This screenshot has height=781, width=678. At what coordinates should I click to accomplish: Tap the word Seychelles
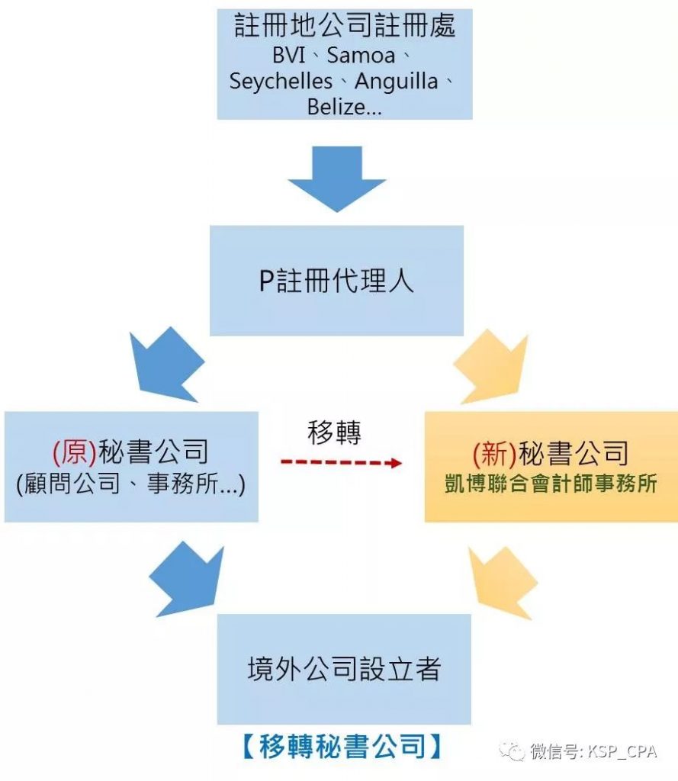[x=281, y=82]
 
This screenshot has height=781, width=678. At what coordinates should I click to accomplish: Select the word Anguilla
[x=397, y=82]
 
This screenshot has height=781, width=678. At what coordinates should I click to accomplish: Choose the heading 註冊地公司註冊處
[x=345, y=28]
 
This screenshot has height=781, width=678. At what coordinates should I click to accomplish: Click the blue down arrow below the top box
[x=336, y=179]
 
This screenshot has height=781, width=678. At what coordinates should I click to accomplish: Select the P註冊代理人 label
[x=336, y=281]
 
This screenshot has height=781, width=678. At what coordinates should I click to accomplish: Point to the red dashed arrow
[x=340, y=463]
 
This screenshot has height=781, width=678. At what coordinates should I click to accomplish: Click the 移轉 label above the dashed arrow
[x=334, y=433]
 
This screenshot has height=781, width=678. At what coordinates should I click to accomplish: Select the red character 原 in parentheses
[x=75, y=453]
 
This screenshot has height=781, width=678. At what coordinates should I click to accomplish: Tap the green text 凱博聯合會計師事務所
[x=551, y=484]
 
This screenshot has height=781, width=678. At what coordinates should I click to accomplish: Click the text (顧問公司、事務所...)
[x=130, y=485]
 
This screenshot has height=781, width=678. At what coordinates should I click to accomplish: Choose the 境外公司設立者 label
[x=344, y=669]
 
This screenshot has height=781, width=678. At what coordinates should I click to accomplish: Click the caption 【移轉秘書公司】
[x=342, y=746]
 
